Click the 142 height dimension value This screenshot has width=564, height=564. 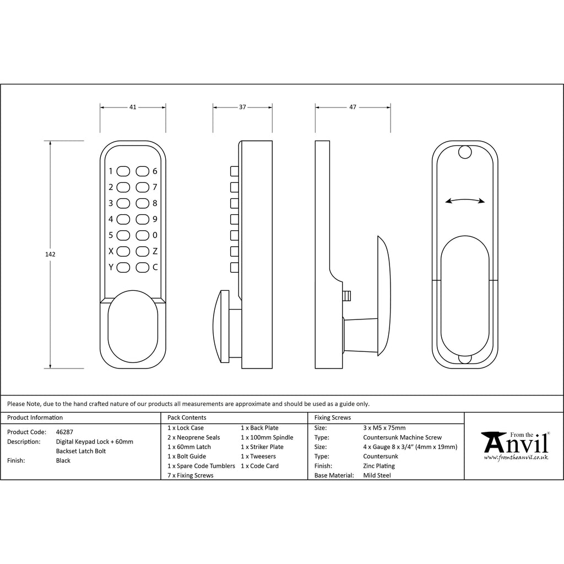pyautogui.click(x=50, y=254)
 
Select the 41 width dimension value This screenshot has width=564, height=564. pyautogui.click(x=133, y=107)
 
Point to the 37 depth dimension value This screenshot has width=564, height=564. pyautogui.click(x=242, y=107)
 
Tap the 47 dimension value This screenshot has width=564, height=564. pyautogui.click(x=352, y=107)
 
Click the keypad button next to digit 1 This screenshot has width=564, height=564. pyautogui.click(x=123, y=171)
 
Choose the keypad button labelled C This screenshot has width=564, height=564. pyautogui.click(x=143, y=267)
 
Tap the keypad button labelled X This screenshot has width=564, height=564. pyautogui.click(x=123, y=251)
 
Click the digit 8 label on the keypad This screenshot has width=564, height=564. pyautogui.click(x=155, y=203)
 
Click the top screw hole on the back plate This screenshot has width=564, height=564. pyautogui.click(x=465, y=152)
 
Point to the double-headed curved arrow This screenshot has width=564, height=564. pyautogui.click(x=465, y=200)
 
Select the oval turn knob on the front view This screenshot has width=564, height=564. pyautogui.click(x=133, y=326)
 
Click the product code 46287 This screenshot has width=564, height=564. pyautogui.click(x=64, y=432)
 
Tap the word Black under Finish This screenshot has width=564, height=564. pyautogui.click(x=63, y=460)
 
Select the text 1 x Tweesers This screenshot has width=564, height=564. pyautogui.click(x=258, y=456)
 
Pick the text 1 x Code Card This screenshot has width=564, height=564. pyautogui.click(x=260, y=466)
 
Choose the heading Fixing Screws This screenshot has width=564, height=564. pyautogui.click(x=332, y=417)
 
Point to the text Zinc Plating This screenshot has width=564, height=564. pyautogui.click(x=379, y=466)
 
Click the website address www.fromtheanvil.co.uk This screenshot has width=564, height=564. pyautogui.click(x=516, y=458)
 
